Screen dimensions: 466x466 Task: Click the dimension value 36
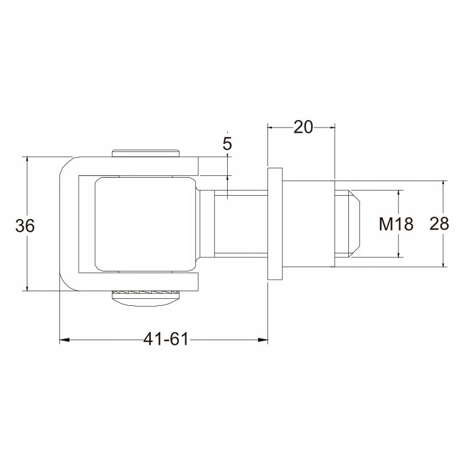click(25, 225)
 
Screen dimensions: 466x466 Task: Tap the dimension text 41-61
click(166, 339)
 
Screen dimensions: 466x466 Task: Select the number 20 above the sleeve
click(303, 128)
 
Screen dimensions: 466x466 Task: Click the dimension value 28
click(439, 224)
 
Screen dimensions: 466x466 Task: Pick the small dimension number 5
click(227, 144)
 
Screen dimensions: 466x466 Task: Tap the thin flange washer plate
click(275, 224)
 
